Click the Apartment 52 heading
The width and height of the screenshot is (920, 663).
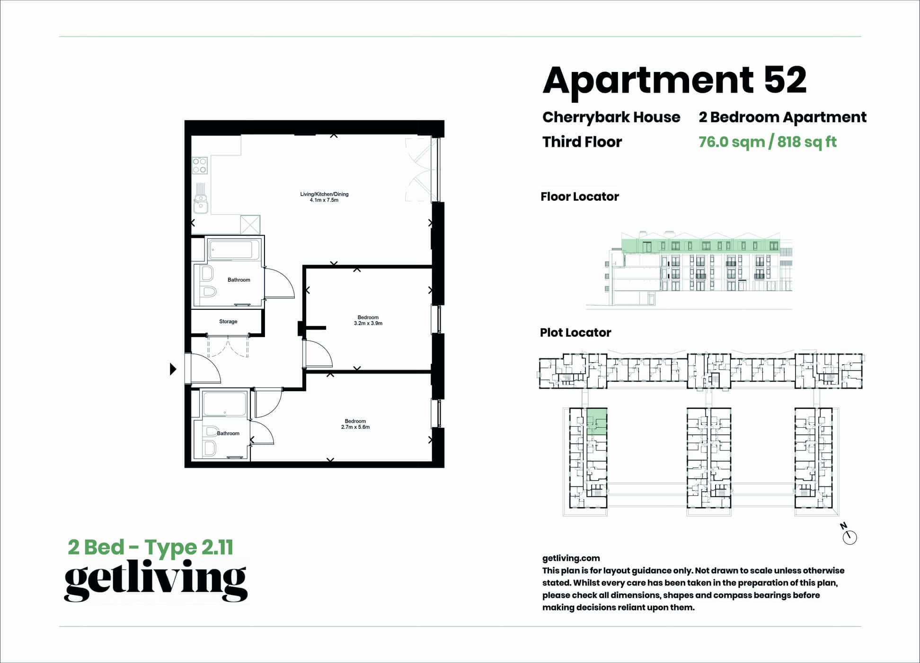[674, 81]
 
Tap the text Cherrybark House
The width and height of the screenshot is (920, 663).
[611, 117]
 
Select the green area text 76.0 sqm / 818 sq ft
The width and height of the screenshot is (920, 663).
[767, 142]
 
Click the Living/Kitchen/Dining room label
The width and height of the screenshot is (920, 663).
[324, 194]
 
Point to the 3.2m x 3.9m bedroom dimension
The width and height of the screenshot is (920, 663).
[368, 323]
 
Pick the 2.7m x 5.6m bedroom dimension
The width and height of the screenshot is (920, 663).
[355, 427]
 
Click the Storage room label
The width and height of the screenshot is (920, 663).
[228, 322]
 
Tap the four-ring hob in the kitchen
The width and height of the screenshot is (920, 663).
[200, 165]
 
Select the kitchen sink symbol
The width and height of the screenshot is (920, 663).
[201, 204]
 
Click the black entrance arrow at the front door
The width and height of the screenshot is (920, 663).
[173, 369]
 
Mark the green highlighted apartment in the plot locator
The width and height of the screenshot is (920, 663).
[597, 421]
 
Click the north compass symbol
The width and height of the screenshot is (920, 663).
[849, 537]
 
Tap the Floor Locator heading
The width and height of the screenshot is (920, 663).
[579, 197]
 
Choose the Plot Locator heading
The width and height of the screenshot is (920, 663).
[575, 332]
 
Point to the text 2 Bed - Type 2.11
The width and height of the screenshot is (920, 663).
[150, 547]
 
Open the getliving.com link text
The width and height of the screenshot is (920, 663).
[571, 558]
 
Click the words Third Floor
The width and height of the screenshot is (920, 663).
[582, 142]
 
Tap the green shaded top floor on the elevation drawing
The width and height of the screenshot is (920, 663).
[700, 246]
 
